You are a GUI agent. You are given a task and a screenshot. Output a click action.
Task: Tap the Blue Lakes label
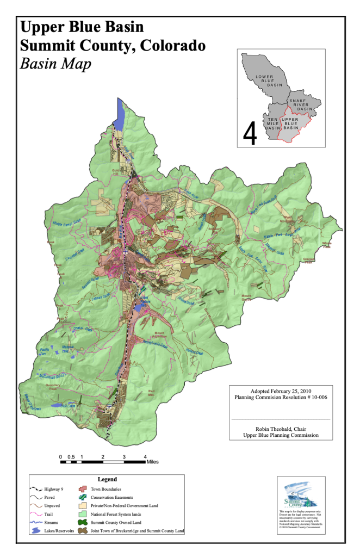click(x=67, y=405)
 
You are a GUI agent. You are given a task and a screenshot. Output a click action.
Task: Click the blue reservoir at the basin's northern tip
click(x=121, y=113)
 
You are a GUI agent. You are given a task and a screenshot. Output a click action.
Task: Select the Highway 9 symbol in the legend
click(x=38, y=489)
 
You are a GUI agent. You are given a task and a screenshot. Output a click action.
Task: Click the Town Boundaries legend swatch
click(x=84, y=489)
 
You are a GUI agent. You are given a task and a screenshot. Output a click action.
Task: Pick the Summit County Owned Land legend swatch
click(x=84, y=522)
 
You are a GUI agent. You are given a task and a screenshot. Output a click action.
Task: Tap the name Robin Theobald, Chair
click(x=281, y=428)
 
